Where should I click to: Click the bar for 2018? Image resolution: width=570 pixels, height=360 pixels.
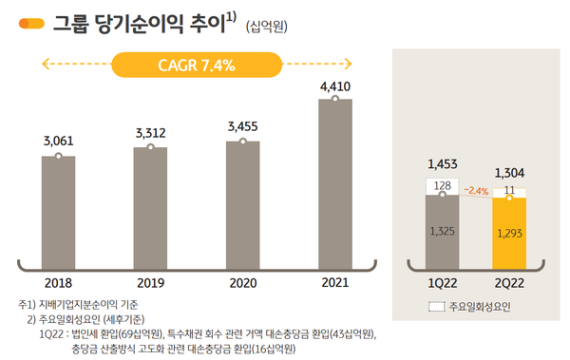click(x=59, y=211)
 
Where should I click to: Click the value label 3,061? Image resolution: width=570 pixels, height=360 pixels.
click(x=59, y=141)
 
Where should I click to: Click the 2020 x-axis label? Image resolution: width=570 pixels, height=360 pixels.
click(x=243, y=283)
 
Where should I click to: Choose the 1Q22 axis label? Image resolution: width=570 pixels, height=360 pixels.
click(x=442, y=283)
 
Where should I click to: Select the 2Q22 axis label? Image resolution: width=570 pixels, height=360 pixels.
click(x=509, y=283)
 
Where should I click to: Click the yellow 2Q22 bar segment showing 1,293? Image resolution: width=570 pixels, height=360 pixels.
click(x=509, y=233)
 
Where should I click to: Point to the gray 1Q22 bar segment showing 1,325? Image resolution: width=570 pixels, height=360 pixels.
click(x=442, y=231)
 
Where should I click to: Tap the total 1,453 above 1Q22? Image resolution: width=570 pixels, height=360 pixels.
click(x=442, y=164)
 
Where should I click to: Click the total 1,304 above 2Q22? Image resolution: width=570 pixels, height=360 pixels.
click(x=509, y=173)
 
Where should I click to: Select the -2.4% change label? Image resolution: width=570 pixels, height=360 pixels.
click(x=476, y=191)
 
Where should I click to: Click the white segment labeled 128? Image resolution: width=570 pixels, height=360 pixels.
click(x=442, y=186)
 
